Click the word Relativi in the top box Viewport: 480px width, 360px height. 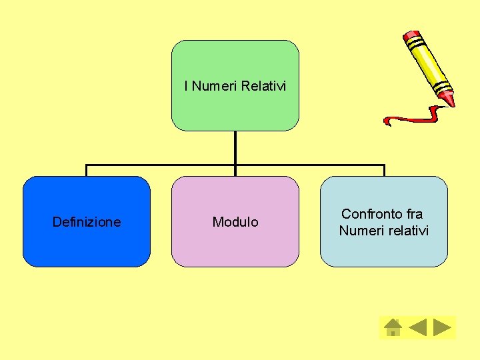pyautogui.click(x=264, y=86)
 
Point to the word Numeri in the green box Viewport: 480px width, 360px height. pyautogui.click(x=215, y=86)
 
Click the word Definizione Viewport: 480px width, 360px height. pyautogui.click(x=87, y=222)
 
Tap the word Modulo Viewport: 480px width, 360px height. pyautogui.click(x=235, y=222)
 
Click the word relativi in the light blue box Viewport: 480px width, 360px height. pyautogui.click(x=406, y=231)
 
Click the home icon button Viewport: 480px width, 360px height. pyautogui.click(x=393, y=327)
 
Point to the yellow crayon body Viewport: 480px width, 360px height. pyautogui.click(x=427, y=63)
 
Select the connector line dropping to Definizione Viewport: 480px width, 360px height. pyautogui.click(x=86, y=171)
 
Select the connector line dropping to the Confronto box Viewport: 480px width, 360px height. pyautogui.click(x=384, y=171)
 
